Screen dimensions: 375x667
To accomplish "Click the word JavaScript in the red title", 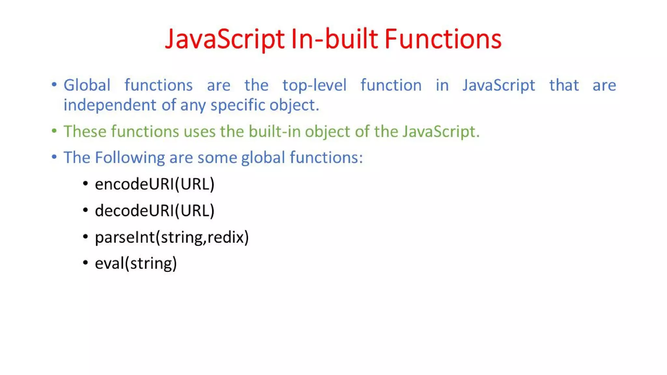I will point(225,39).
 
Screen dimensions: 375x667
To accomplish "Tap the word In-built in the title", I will point(334,39).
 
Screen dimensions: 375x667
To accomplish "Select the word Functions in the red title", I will point(443,39).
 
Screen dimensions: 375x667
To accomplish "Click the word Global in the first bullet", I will point(87,85).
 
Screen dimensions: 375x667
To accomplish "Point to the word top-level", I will point(314,85).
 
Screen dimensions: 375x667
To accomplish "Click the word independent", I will point(110,105).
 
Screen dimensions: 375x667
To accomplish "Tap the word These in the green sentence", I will point(85,132).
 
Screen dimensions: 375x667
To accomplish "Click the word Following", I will point(130,158).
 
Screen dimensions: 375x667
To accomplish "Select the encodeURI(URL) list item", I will point(155,184).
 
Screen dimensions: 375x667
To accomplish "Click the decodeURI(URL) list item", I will point(155,211).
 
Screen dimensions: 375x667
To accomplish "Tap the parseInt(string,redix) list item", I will point(172,237).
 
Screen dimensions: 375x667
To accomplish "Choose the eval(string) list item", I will point(136,263).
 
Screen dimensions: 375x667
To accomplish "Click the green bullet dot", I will point(54,131).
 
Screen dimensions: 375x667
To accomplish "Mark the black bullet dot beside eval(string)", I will point(85,262).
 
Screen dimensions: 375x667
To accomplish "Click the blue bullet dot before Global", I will point(54,85).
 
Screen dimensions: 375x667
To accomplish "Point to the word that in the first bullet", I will point(564,85).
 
